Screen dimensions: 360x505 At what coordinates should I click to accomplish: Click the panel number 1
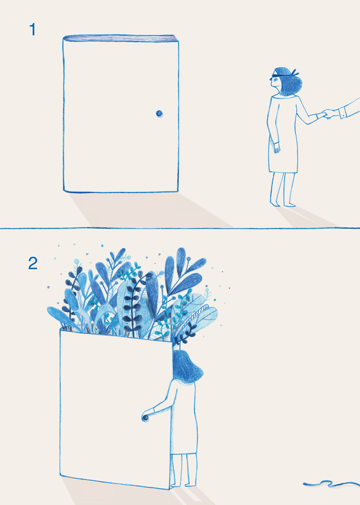pyautogui.click(x=32, y=30)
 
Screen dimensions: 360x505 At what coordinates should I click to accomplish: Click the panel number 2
pyautogui.click(x=33, y=264)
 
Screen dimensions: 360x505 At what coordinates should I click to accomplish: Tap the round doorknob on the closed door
pyautogui.click(x=159, y=113)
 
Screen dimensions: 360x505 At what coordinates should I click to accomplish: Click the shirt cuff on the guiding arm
pyautogui.click(x=343, y=113)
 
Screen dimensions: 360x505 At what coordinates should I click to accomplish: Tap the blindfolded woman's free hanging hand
pyautogui.click(x=277, y=148)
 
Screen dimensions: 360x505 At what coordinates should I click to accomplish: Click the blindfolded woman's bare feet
pyautogui.click(x=283, y=204)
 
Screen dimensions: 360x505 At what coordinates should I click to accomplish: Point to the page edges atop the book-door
pyautogui.click(x=121, y=38)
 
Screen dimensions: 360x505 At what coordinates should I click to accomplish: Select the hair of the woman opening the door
pyautogui.click(x=187, y=367)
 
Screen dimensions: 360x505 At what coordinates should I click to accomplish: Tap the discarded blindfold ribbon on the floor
pyautogui.click(x=332, y=483)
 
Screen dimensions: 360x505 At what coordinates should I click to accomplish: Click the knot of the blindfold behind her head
pyautogui.click(x=294, y=74)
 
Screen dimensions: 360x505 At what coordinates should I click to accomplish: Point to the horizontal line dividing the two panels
pyautogui.click(x=180, y=228)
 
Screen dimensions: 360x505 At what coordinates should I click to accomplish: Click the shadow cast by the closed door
pyautogui.click(x=145, y=210)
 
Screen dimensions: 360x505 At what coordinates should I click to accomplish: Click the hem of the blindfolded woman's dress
pyautogui.click(x=283, y=172)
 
